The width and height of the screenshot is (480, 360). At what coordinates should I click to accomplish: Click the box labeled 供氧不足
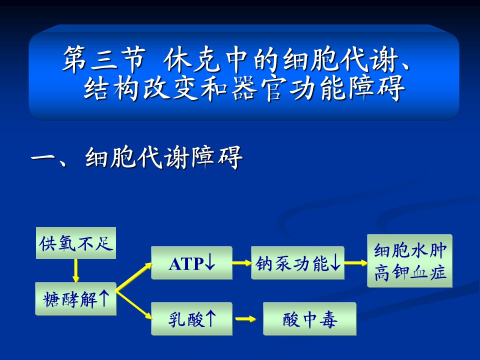pos(76,243)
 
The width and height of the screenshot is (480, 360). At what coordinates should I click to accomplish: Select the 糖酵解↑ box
pos(76,299)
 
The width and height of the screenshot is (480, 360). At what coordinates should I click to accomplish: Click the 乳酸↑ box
pos(192,319)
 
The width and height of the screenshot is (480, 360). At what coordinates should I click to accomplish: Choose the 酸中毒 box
pos(310,319)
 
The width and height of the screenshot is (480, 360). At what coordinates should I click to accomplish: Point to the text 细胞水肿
pos(410,250)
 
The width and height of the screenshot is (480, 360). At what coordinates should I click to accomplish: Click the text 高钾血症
pos(410,272)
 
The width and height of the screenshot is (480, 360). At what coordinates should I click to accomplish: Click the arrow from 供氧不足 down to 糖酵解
pos(76,271)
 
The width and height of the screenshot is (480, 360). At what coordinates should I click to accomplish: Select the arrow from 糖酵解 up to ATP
pos(134,276)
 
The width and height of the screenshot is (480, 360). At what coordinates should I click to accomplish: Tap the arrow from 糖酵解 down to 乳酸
pos(134,305)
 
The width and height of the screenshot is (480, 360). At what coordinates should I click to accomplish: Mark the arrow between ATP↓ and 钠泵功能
pos(242,262)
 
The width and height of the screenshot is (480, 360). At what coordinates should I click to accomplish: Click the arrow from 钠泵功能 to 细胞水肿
pos(356,262)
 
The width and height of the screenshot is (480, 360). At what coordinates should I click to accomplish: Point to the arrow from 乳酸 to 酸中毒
pos(246,319)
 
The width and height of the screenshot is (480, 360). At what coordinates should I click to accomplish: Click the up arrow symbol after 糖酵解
pos(104,298)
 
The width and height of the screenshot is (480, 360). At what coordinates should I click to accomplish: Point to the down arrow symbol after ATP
pos(209,262)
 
